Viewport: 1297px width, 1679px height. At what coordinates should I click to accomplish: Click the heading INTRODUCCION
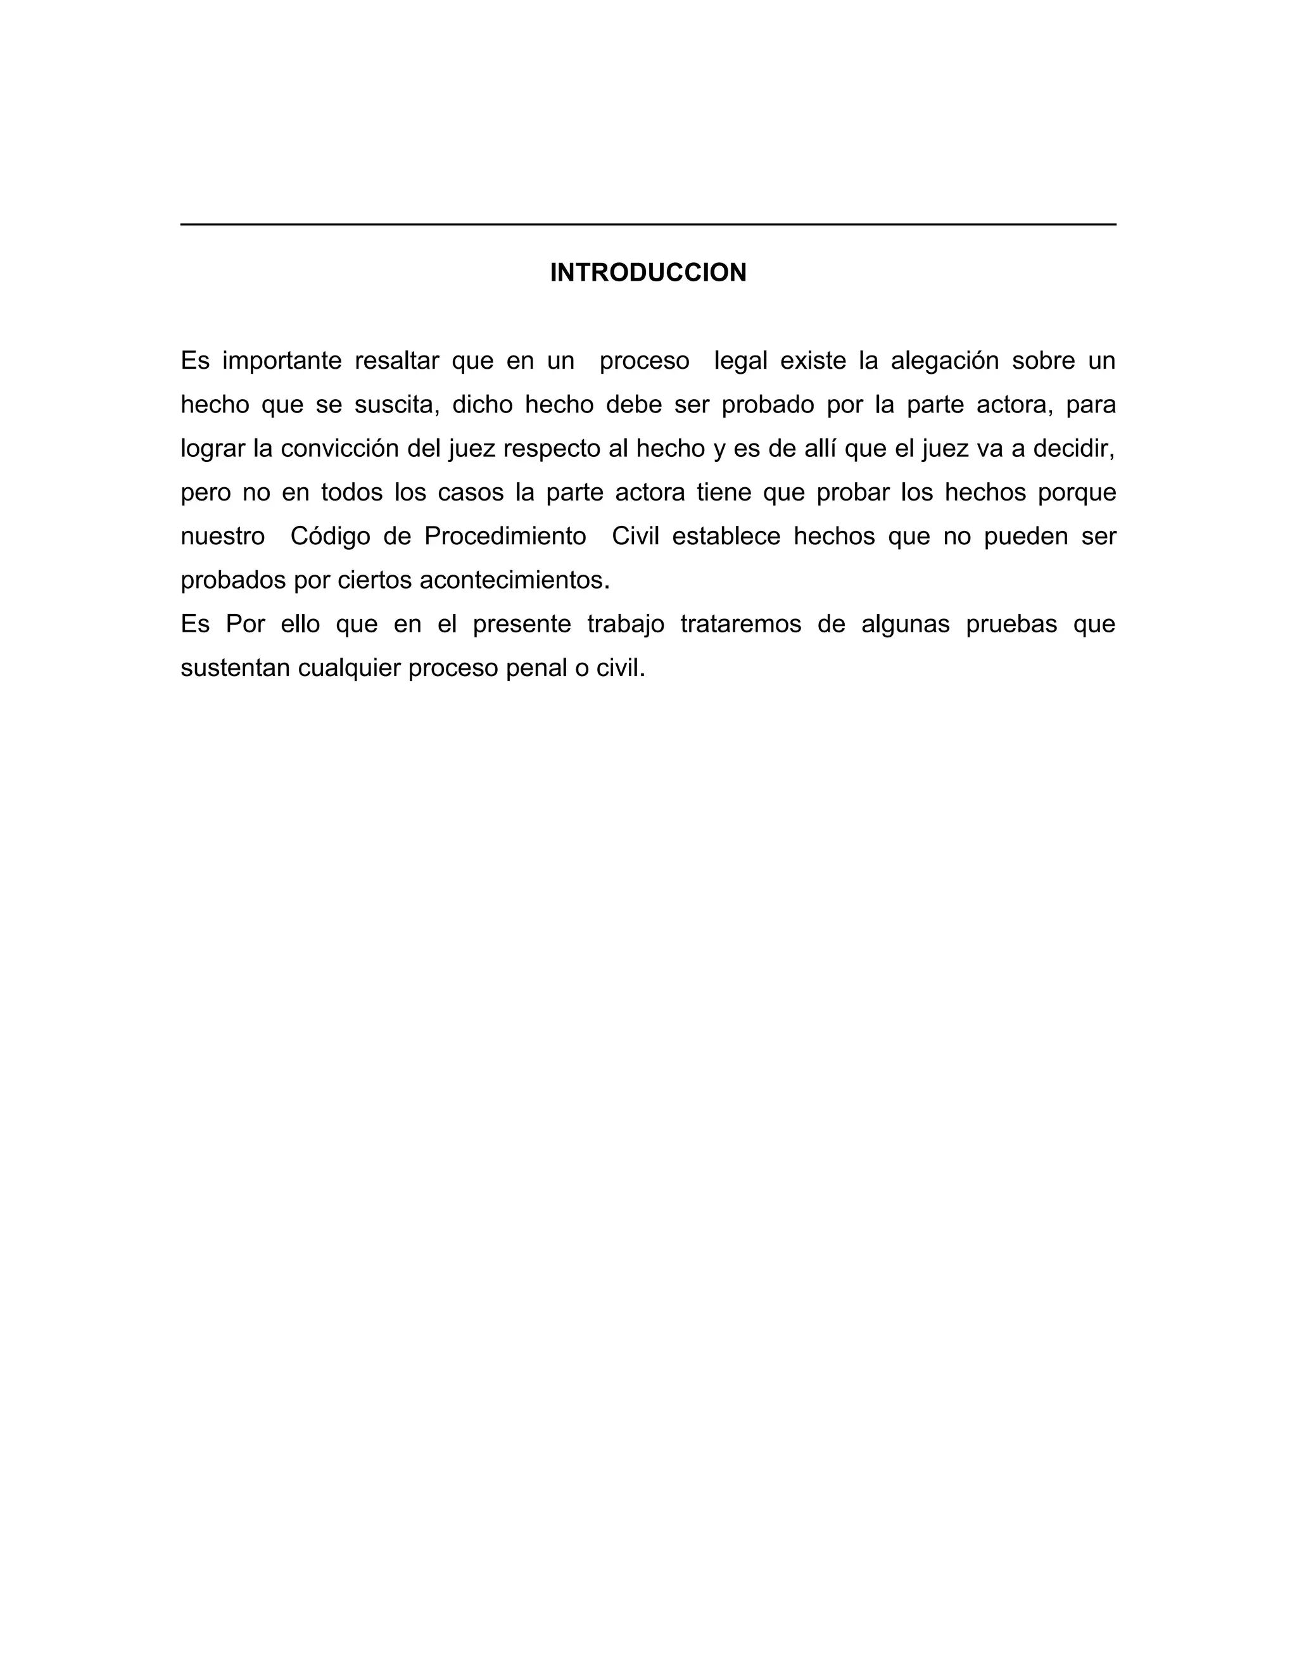(x=648, y=273)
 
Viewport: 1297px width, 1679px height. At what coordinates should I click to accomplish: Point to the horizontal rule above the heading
(x=648, y=224)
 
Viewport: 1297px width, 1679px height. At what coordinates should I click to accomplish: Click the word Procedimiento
(x=505, y=536)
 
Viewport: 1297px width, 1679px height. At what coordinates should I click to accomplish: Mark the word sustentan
(x=234, y=668)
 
